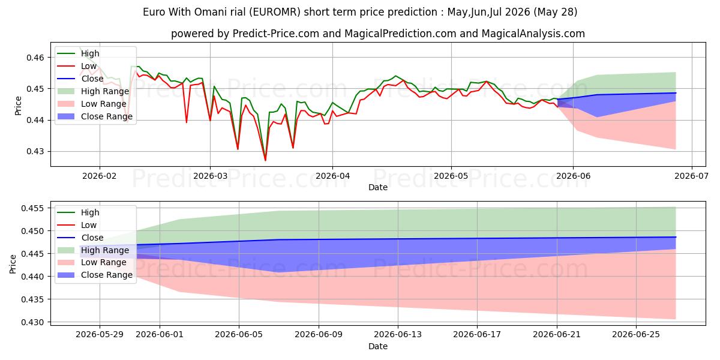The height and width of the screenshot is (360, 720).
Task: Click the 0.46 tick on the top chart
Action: (x=35, y=58)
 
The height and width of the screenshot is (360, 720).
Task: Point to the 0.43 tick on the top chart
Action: (x=35, y=151)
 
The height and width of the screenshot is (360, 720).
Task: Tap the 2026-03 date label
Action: (x=210, y=176)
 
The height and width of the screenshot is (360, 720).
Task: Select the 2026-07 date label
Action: (x=691, y=176)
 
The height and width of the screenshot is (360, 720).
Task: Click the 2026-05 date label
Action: (x=451, y=176)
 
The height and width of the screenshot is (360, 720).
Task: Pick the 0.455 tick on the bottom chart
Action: (x=32, y=208)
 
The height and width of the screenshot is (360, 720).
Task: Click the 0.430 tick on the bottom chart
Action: (x=32, y=322)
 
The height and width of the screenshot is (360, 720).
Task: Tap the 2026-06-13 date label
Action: (x=398, y=334)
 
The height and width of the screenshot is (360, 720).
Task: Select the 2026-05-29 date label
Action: (x=100, y=334)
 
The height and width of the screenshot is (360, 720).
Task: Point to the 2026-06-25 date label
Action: (x=636, y=334)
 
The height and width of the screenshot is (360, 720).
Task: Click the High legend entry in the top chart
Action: (x=78, y=53)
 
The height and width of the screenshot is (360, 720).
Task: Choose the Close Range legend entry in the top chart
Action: (x=95, y=116)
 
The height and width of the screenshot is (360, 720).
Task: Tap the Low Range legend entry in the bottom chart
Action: (x=92, y=262)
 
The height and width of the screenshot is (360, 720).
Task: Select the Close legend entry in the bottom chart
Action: (x=80, y=238)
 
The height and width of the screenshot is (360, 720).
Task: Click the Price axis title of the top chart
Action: (x=19, y=106)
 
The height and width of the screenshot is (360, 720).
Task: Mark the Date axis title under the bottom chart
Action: (x=377, y=346)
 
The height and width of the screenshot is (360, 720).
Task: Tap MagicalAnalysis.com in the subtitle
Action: (x=533, y=34)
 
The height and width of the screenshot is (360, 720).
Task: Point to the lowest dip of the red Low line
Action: (x=265, y=160)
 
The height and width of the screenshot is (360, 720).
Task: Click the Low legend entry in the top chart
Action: (x=77, y=66)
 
